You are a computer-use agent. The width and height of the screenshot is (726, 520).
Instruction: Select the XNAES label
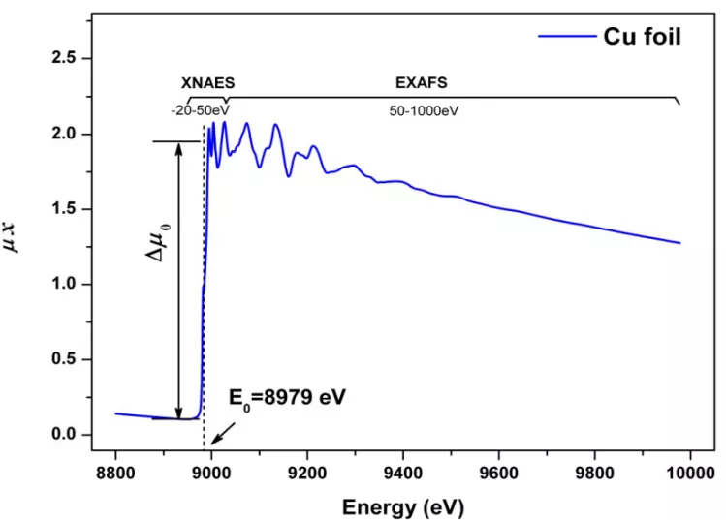pyautogui.click(x=208, y=84)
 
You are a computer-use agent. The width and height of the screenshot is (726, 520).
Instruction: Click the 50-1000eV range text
pyautogui.click(x=424, y=111)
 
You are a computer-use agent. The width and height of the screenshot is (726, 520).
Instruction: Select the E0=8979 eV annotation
pyautogui.click(x=287, y=398)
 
